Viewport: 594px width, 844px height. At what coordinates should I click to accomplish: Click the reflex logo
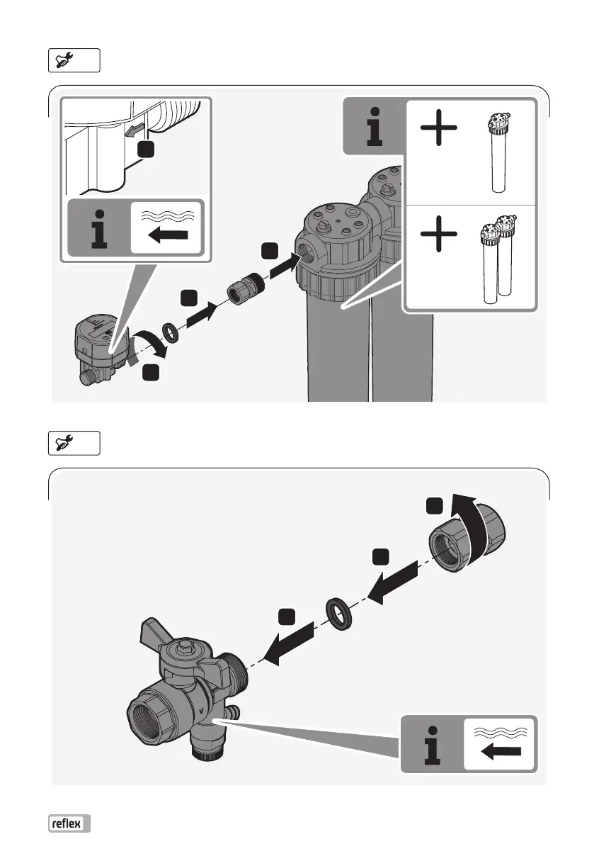pos(70,823)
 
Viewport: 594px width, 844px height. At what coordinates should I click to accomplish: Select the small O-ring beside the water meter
pos(171,332)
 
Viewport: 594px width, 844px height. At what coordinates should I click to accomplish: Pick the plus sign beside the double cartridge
pos(439,235)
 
